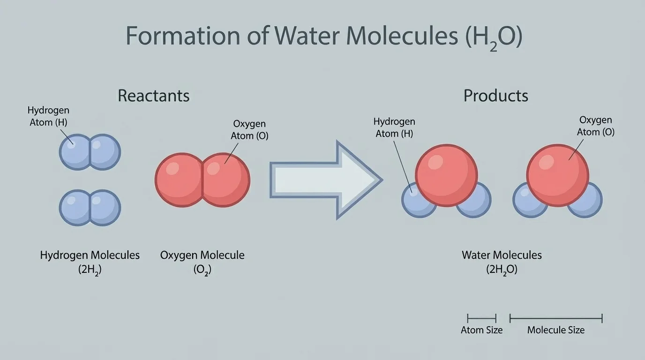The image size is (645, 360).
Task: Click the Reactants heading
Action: click(153, 96)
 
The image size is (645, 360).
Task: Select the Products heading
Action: click(495, 96)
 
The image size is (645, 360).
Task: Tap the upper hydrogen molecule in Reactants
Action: click(90, 152)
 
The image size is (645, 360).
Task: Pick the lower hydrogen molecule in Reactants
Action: click(90, 208)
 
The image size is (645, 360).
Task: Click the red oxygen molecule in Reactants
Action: click(202, 180)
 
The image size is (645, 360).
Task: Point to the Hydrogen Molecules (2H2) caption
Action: click(90, 262)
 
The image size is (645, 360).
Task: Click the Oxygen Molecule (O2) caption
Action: click(202, 262)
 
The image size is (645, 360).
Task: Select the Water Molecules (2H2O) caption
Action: click(502, 262)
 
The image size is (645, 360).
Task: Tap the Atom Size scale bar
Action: click(481, 318)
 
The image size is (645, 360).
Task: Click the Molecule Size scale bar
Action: click(555, 318)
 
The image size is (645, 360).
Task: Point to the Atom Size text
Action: click(481, 330)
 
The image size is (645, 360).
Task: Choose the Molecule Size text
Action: click(555, 330)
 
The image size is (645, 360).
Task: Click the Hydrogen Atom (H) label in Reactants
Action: click(48, 116)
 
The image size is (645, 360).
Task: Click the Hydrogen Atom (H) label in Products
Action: click(394, 127)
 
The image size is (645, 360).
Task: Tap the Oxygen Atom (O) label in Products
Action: click(595, 126)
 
